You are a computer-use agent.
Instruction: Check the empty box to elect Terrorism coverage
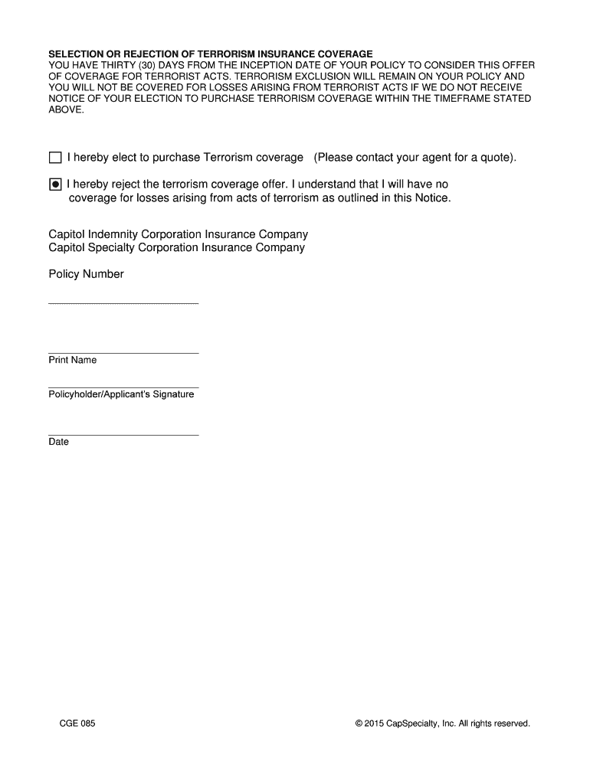pos(54,158)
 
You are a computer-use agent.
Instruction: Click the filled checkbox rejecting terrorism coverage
pos(54,185)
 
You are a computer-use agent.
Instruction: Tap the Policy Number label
pos(86,274)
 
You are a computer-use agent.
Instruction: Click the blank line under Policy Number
pos(123,304)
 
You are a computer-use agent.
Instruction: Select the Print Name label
pos(73,360)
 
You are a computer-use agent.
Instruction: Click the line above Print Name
pos(123,353)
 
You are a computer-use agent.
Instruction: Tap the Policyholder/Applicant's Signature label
pos(121,394)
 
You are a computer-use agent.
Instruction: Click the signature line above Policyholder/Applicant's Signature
pos(123,387)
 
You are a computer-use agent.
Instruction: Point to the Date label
pos(59,442)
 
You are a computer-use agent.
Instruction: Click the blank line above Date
pos(123,435)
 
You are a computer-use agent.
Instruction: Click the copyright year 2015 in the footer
pos(374,723)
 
